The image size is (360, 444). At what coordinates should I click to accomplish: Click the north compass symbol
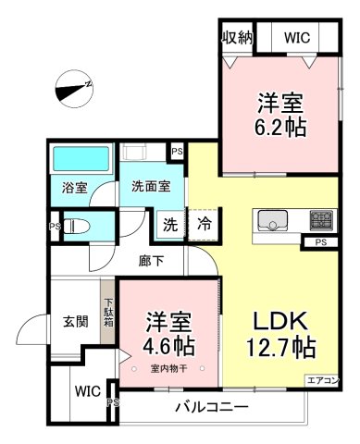(74, 89)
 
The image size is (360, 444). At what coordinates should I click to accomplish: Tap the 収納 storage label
(238, 38)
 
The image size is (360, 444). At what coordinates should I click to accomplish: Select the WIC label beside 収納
(297, 38)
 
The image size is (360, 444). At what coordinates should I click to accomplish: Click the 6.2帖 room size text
(280, 127)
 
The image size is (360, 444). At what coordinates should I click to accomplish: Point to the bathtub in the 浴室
(81, 159)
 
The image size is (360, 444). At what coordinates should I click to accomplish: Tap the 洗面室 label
(151, 187)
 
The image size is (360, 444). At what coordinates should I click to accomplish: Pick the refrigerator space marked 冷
(205, 224)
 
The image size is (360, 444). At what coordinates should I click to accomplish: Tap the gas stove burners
(321, 220)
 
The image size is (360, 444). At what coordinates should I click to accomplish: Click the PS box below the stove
(321, 242)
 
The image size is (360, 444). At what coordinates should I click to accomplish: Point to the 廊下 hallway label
(151, 262)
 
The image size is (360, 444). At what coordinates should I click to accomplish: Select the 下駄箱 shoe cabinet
(107, 312)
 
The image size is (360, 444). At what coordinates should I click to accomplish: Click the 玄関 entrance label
(76, 322)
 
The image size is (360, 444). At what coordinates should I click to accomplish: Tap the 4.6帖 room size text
(168, 346)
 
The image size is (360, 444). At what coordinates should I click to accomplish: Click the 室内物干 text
(168, 368)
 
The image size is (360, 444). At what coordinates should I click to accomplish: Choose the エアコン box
(323, 380)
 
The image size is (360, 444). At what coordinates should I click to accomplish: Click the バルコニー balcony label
(212, 408)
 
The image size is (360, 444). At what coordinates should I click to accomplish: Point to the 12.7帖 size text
(280, 348)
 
